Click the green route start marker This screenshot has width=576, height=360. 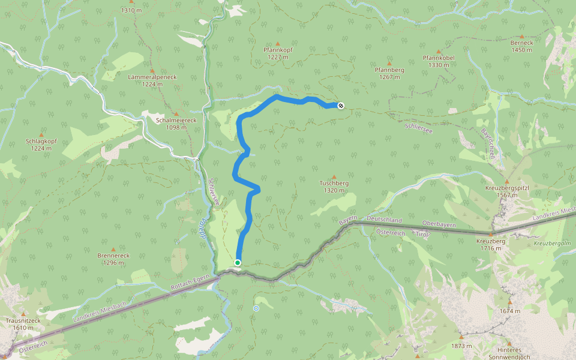click(x=238, y=263)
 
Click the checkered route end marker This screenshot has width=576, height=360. click(x=341, y=106)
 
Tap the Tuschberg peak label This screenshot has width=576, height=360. click(x=334, y=187)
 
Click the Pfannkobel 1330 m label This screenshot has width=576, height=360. click(x=439, y=61)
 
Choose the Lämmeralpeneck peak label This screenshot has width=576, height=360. click(x=152, y=80)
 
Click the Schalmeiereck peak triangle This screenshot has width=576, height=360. click(x=176, y=113)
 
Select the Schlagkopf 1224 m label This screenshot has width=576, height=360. click(x=41, y=145)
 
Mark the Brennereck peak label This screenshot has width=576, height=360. click(x=113, y=259)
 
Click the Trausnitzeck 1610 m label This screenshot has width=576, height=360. click(x=23, y=324)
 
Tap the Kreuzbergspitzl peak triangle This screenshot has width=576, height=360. click(x=507, y=181)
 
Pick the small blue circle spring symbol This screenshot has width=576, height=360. click(x=256, y=308)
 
